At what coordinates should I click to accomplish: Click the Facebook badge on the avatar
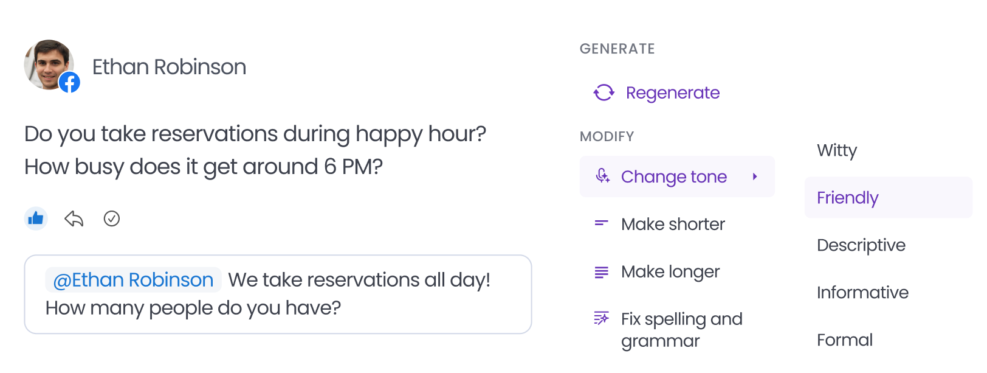tap(70, 82)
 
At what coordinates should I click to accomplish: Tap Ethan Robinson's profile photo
tap(49, 64)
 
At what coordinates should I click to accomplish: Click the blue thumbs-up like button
tap(36, 218)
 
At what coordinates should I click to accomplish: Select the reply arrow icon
tap(74, 218)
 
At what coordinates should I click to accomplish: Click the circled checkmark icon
tap(111, 218)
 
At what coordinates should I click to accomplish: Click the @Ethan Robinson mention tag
tap(133, 279)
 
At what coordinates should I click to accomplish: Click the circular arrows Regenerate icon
tap(604, 92)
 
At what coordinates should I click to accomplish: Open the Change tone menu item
tap(677, 176)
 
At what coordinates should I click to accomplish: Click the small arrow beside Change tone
tap(755, 177)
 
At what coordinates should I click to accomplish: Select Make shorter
tap(672, 224)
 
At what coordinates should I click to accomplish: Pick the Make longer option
tap(670, 271)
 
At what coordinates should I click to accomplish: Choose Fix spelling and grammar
tap(681, 330)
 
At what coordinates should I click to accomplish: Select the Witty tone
tap(837, 150)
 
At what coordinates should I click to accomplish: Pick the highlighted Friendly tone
tap(889, 198)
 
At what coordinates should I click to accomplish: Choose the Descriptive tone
tap(861, 245)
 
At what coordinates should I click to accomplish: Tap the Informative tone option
tap(862, 292)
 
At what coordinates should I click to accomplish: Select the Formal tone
tap(844, 340)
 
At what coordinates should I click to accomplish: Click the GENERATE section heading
tap(617, 49)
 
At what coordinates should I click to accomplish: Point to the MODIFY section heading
tap(607, 136)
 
